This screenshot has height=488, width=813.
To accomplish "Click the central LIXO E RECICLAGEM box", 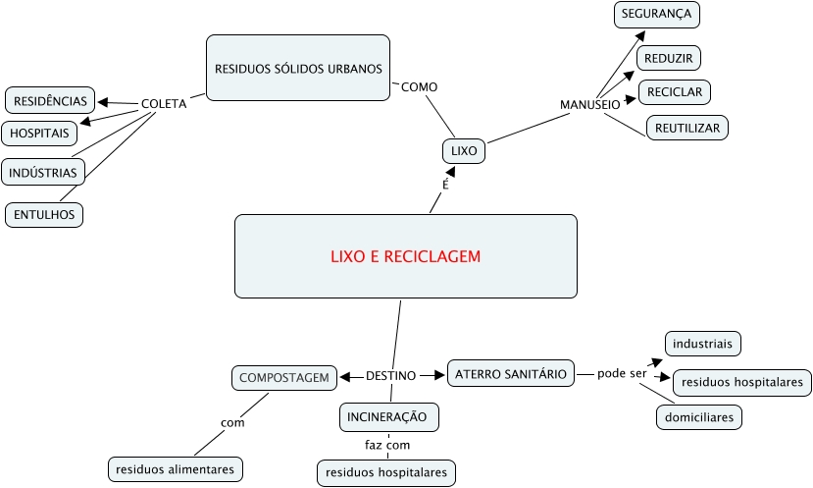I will [405, 256].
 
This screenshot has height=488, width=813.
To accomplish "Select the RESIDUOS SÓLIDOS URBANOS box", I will [298, 69].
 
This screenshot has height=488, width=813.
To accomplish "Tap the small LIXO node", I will [463, 151].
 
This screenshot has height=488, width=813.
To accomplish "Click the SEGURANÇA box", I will [656, 15].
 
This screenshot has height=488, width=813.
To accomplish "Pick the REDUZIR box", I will [669, 58].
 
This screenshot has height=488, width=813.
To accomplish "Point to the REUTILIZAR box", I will [686, 128].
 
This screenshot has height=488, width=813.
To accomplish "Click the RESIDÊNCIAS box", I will [50, 100].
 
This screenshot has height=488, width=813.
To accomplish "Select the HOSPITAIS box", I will [40, 133].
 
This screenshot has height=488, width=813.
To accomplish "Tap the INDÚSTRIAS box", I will [42, 172].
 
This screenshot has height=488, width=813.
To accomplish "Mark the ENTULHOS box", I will [44, 213].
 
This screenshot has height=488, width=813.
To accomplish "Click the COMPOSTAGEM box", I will [283, 376].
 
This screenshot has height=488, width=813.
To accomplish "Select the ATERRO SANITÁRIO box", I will [510, 373].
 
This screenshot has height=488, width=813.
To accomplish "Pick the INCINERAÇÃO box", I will [388, 416].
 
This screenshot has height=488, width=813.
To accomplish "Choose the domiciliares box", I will [698, 417].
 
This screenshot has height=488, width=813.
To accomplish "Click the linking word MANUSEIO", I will [589, 104].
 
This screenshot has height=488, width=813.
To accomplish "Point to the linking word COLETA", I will [164, 103].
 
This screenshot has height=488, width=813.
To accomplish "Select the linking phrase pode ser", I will [622, 374].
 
